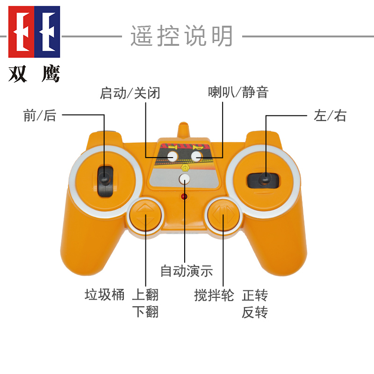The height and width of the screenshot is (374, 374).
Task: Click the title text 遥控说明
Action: point(181,36)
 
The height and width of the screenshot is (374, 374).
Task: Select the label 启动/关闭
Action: point(130,93)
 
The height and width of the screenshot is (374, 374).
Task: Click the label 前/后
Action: point(40,115)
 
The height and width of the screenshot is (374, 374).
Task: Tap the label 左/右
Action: point(330,115)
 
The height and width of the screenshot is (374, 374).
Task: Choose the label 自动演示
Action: point(187,271)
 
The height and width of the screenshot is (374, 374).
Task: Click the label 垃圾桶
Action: point(105,295)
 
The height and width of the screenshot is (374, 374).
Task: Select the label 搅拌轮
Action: point(214,295)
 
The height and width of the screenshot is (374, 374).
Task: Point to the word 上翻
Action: point(145,295)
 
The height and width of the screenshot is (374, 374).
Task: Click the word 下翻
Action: point(145,312)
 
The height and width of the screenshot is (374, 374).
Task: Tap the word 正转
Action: point(255,295)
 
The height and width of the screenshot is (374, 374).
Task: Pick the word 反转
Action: point(255,312)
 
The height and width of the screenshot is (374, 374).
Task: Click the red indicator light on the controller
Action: point(184,196)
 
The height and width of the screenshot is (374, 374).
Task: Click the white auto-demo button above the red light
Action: point(185,179)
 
